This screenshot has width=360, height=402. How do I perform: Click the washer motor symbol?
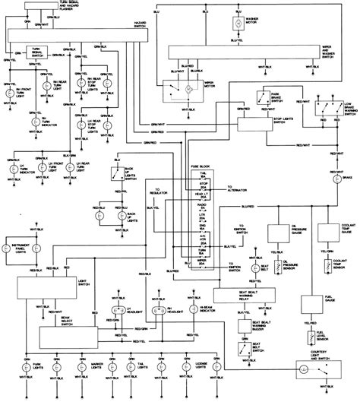tap(236, 24)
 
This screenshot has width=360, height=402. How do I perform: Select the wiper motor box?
tap(182, 92)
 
